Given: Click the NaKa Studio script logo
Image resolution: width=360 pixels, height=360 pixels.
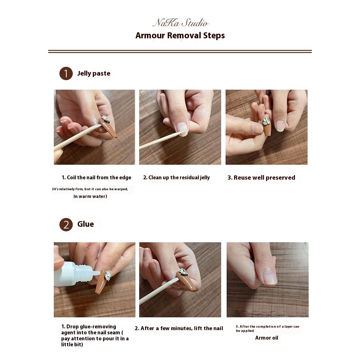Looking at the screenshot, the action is (180, 22).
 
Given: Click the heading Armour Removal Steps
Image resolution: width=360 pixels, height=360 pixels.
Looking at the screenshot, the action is (180, 36).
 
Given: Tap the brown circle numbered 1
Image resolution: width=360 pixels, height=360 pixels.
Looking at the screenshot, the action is (66, 73).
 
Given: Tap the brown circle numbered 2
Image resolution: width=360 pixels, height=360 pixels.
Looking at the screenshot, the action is (66, 225).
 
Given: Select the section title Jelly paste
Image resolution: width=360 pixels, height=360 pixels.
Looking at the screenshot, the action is (94, 73).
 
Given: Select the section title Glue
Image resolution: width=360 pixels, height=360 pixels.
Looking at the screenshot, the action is (85, 224).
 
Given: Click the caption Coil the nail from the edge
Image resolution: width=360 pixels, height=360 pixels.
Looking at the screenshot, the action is (99, 178).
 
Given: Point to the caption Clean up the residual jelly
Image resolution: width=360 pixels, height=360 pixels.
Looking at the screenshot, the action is (179, 178).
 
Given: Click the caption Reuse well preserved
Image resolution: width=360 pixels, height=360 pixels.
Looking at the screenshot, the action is (264, 178).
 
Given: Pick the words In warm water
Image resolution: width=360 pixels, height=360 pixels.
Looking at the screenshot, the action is (90, 196).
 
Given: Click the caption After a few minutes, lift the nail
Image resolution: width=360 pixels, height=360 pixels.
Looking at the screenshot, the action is (182, 328).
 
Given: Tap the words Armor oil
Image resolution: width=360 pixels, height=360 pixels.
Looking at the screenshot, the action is (266, 338).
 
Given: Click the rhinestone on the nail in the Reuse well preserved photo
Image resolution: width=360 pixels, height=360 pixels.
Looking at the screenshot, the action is (266, 121).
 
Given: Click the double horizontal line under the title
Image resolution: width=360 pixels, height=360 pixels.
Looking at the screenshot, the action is (180, 51).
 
